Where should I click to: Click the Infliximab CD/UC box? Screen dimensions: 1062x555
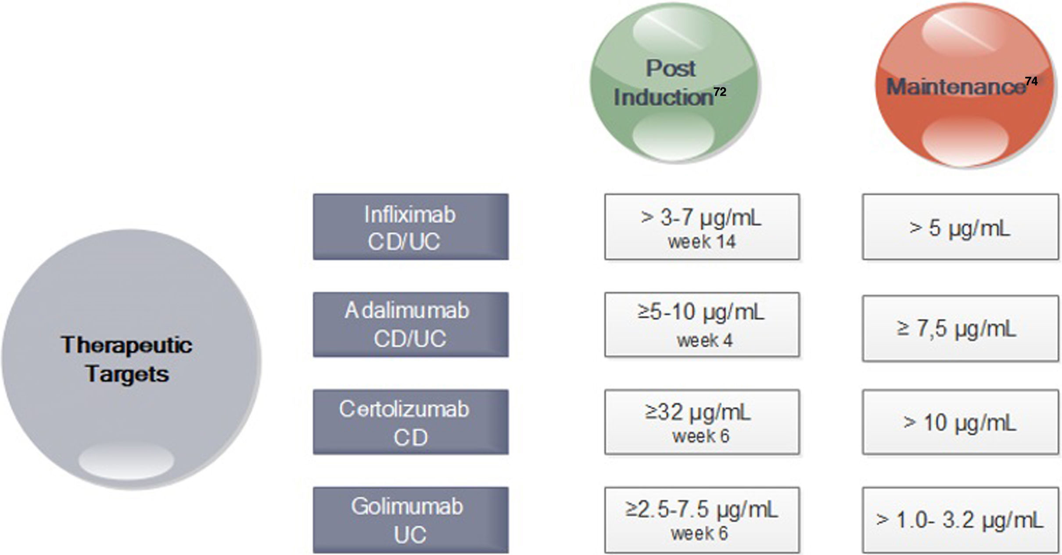(x=411, y=227)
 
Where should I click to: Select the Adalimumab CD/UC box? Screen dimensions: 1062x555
(x=411, y=324)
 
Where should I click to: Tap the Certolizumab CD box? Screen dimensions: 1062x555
(x=411, y=422)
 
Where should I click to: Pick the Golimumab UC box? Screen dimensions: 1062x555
(x=411, y=520)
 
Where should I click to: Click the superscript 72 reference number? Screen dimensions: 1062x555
(x=720, y=92)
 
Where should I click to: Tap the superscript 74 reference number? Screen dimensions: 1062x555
(x=1031, y=82)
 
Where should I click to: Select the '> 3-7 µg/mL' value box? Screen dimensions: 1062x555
(x=702, y=227)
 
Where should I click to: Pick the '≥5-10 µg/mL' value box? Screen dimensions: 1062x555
(x=702, y=324)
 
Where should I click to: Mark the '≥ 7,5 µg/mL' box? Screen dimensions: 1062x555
(x=960, y=329)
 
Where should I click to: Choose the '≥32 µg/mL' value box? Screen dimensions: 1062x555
(x=702, y=422)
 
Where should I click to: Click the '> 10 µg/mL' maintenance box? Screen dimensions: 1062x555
(x=960, y=422)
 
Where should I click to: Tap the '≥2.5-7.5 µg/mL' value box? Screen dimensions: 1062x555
(x=702, y=520)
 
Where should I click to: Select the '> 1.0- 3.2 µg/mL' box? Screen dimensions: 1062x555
(x=960, y=520)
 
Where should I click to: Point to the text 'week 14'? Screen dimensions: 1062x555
(x=702, y=242)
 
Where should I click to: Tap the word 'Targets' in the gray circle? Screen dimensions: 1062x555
(x=127, y=374)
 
